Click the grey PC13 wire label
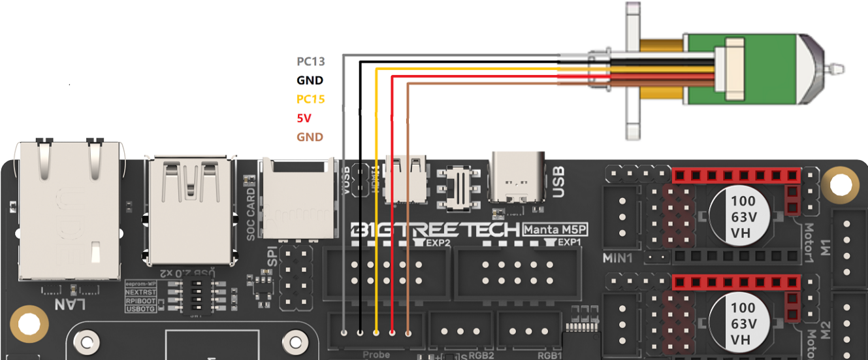pyautogui.click(x=310, y=62)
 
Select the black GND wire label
pyautogui.click(x=310, y=80)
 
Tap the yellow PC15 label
pyautogui.click(x=310, y=99)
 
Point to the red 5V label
pyautogui.click(x=304, y=118)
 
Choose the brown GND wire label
pyautogui.click(x=310, y=137)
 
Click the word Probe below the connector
pyautogui.click(x=376, y=355)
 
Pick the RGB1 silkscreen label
pyautogui.click(x=548, y=355)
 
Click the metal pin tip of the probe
pyautogui.click(x=837, y=67)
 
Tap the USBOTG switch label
pyautogui.click(x=140, y=309)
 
